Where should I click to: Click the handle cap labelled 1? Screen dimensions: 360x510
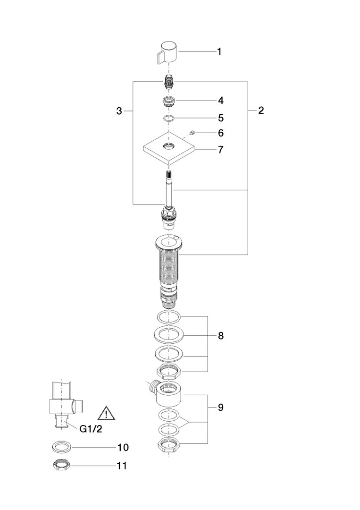(x=167, y=53)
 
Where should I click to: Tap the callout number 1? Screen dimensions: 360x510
(x=219, y=52)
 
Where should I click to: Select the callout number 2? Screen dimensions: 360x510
(x=261, y=110)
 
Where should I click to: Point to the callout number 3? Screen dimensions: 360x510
(x=119, y=111)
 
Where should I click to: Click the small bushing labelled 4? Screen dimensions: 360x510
(x=168, y=102)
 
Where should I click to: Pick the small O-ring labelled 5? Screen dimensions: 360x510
(x=168, y=119)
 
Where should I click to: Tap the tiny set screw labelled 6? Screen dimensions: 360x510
(x=193, y=132)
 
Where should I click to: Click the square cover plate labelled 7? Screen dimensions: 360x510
(x=169, y=149)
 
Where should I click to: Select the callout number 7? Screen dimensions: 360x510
(x=221, y=150)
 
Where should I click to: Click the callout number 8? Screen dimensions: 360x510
(x=221, y=336)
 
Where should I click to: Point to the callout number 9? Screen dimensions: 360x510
(x=221, y=408)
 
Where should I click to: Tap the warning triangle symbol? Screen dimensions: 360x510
(x=106, y=413)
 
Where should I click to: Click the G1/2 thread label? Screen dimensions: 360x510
(x=91, y=429)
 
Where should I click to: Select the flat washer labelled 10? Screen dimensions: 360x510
(x=62, y=448)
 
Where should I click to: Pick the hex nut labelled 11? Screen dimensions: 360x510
(x=62, y=466)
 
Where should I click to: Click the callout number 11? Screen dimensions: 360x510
(x=122, y=466)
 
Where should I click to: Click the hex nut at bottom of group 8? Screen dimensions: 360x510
(x=169, y=372)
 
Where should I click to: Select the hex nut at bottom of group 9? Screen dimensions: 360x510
(x=169, y=444)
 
